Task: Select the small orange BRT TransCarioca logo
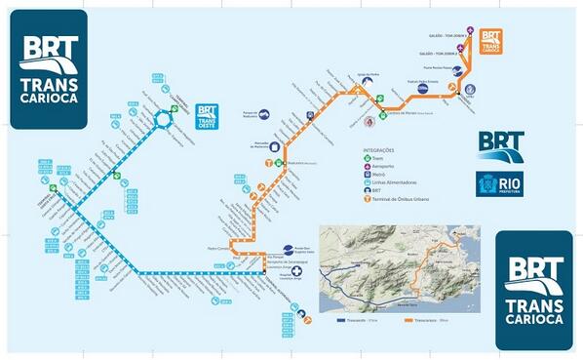tap(490, 40)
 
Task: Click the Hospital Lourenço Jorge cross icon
tap(286, 273)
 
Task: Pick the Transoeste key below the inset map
tap(356, 318)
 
